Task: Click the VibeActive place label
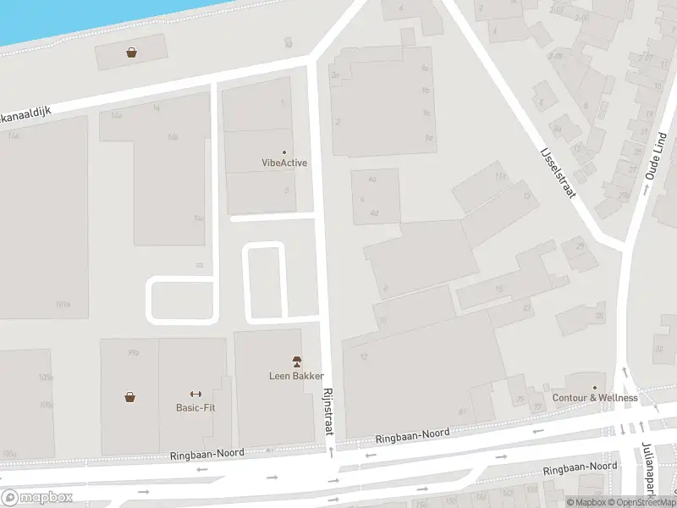pos(283,163)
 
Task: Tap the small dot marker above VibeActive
pos(283,152)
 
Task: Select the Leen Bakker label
pos(296,375)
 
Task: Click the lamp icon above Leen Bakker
pos(296,362)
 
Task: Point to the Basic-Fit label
pos(195,407)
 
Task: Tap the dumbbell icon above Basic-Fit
pos(195,394)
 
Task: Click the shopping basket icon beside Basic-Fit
pos(130,395)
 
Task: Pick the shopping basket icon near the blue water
pos(132,52)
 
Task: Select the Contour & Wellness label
pos(595,398)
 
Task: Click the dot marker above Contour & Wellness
pos(595,387)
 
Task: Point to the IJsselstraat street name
pos(558,174)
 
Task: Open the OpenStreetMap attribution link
pos(647,502)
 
